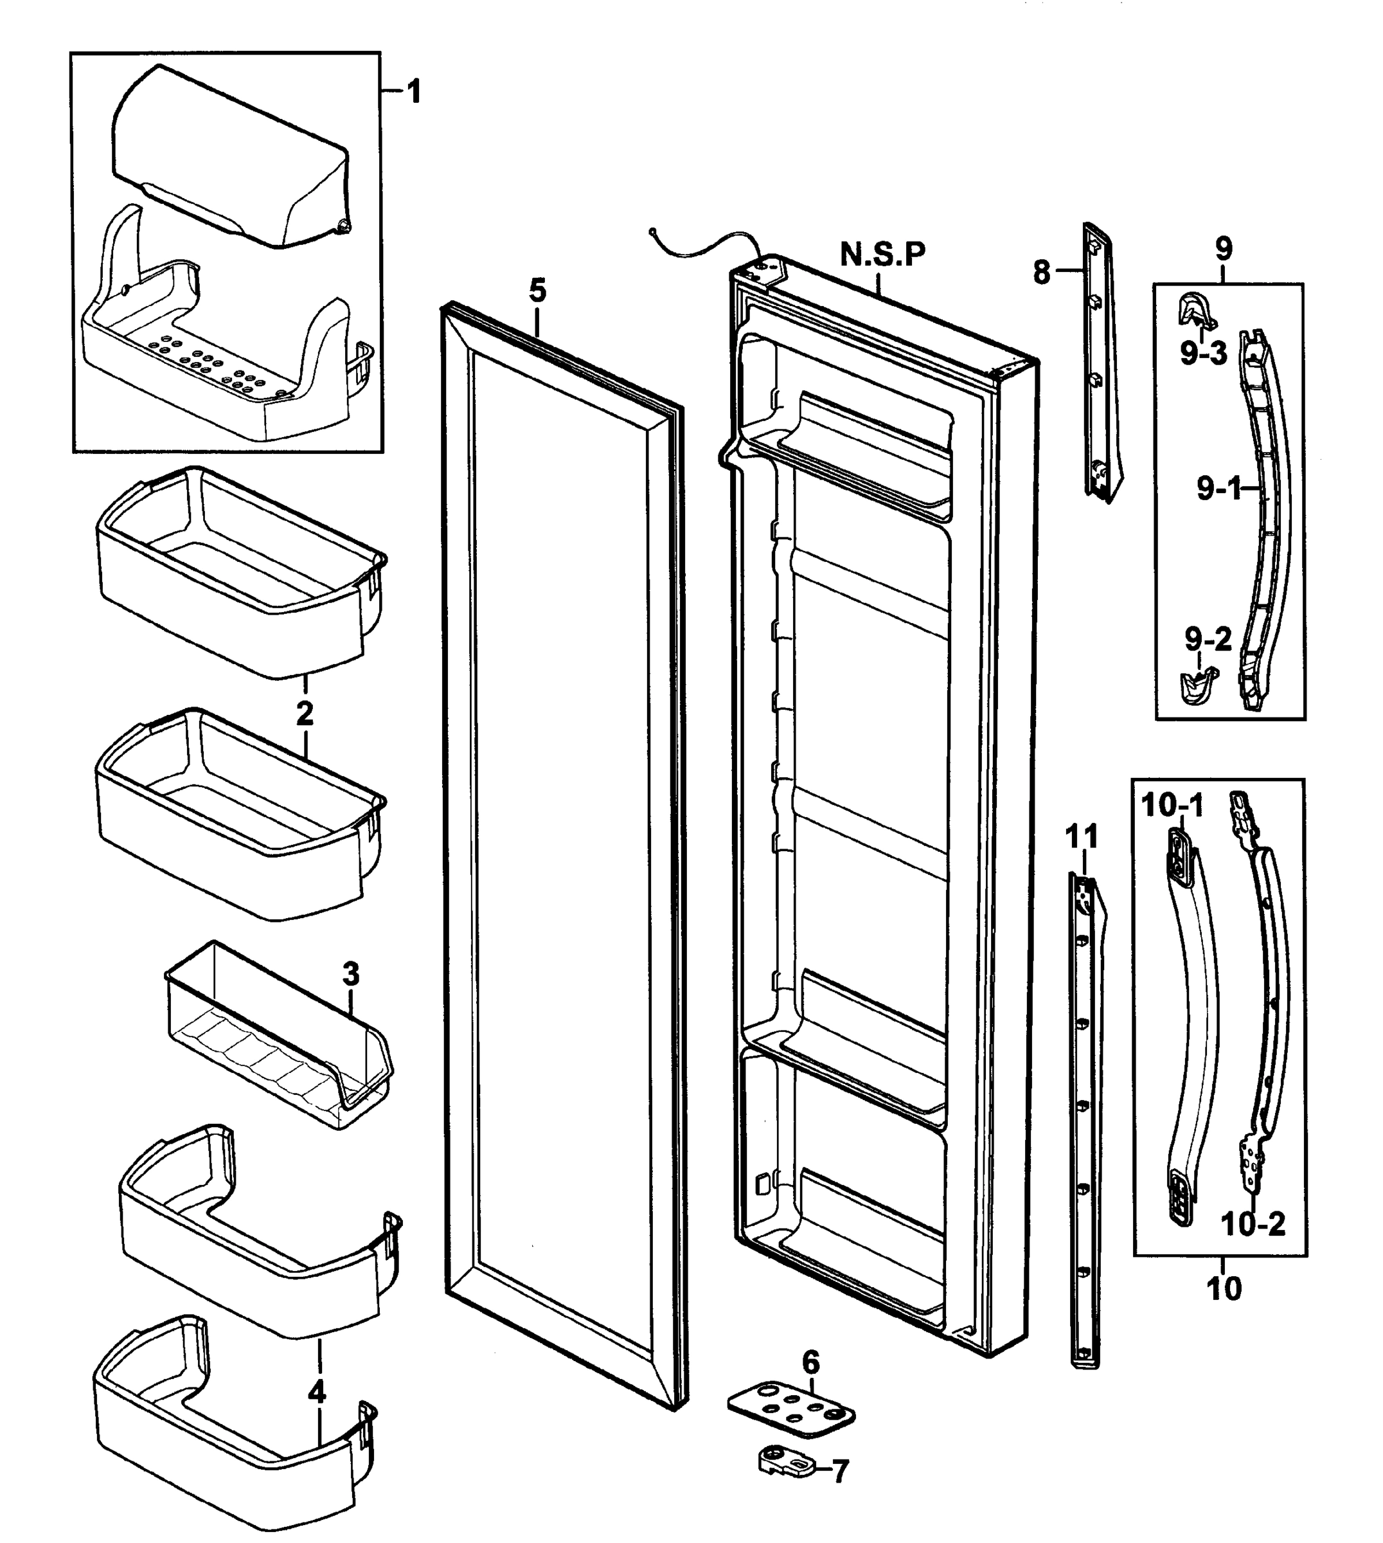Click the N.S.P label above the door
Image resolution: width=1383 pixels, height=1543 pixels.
883,255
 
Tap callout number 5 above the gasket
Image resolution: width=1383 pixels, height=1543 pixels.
537,291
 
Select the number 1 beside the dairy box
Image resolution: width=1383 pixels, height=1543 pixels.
413,93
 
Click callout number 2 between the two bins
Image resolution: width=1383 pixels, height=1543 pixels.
304,714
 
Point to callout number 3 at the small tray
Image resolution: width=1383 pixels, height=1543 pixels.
350,973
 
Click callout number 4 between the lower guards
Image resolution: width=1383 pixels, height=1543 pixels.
317,1393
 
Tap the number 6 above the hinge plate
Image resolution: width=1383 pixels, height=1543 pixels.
811,1363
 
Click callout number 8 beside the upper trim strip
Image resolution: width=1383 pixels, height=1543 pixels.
1042,271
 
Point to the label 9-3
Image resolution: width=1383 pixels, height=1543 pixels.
1204,354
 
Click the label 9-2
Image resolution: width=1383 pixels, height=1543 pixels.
1208,640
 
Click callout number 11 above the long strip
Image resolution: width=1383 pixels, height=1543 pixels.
1082,838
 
